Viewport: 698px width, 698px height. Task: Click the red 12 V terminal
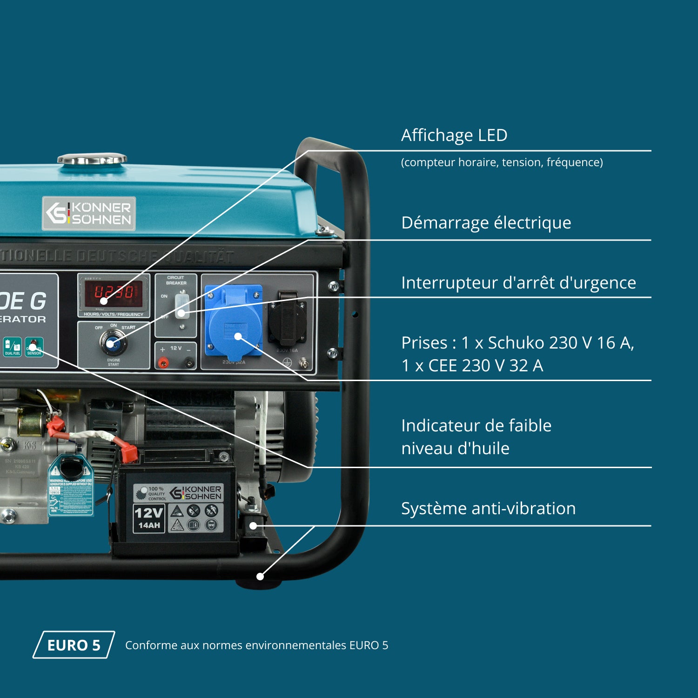[163, 362]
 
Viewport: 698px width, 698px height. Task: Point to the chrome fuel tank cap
[92, 159]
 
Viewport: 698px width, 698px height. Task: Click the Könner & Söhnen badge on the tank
[89, 214]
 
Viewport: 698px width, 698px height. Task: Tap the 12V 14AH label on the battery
[149, 518]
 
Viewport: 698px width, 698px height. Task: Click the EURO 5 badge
[74, 645]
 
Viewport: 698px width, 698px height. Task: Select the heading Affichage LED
[454, 135]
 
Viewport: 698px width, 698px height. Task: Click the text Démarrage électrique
[486, 223]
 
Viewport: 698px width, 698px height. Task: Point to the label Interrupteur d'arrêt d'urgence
[518, 283]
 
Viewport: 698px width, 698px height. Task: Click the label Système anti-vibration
[488, 509]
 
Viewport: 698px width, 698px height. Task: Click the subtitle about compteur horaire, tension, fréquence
[502, 162]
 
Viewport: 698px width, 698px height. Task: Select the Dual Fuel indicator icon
[13, 347]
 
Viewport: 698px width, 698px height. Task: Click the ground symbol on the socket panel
[288, 363]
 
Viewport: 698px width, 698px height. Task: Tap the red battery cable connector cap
[128, 452]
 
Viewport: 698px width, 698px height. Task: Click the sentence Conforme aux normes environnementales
[256, 645]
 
